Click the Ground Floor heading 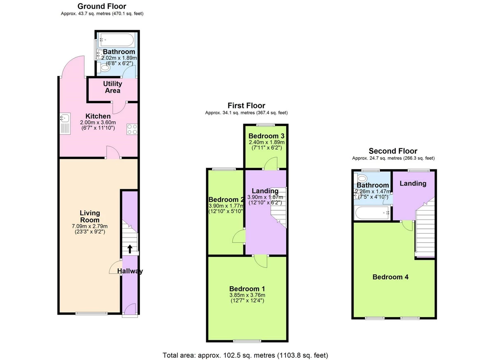pos(101,6)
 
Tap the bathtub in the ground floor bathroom pos(117,40)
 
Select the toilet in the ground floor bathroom pos(104,68)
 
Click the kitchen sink pos(65,124)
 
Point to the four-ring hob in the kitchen pos(132,129)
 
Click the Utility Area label pos(113,87)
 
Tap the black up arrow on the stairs pos(130,249)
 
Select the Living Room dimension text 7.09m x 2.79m pos(90,226)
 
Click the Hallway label pos(130,271)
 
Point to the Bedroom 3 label pos(266,136)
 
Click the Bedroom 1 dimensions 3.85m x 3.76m pos(247,295)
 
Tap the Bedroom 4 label pos(391,277)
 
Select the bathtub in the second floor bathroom pos(372,213)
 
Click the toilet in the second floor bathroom pos(361,178)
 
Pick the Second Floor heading pos(393,151)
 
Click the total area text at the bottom pos(245,355)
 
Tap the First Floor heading pos(246,105)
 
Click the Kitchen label pos(98,116)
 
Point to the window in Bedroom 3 pos(266,125)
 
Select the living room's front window pos(92,313)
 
